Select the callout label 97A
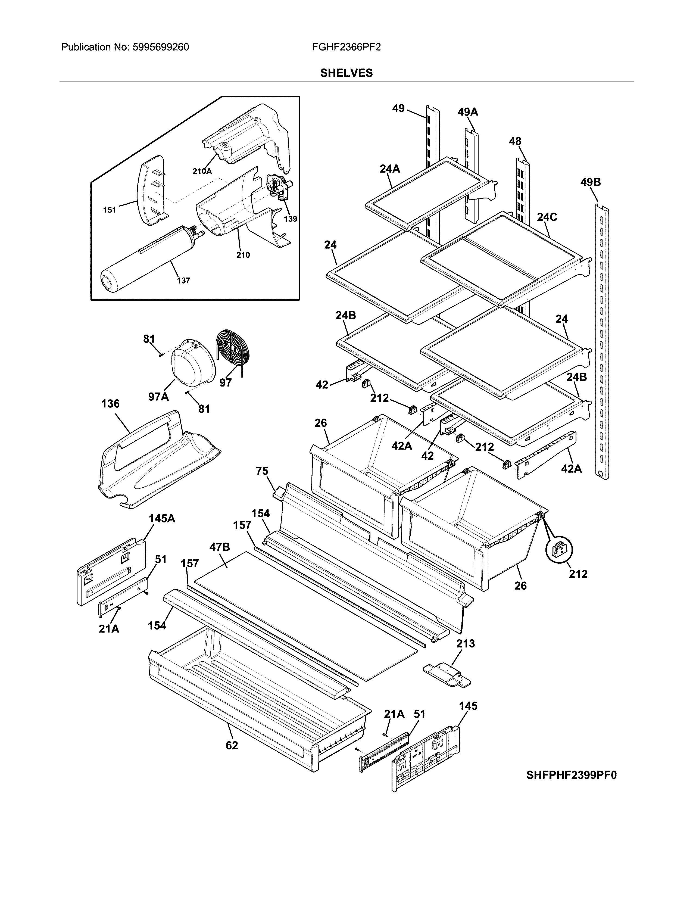pos(158,397)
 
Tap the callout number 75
pos(262,471)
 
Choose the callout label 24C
pos(547,217)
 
